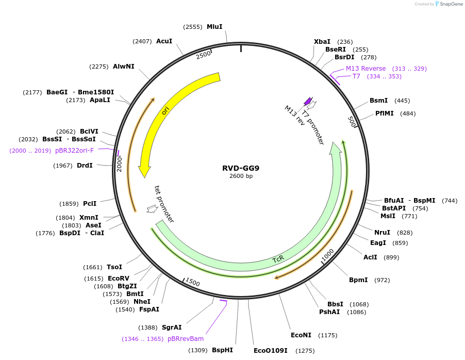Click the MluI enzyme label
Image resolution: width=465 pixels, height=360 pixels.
[214, 26]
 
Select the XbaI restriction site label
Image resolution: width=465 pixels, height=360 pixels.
[322, 42]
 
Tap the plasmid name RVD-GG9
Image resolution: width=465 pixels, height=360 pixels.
[241, 168]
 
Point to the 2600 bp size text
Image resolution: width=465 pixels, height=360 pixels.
[241, 176]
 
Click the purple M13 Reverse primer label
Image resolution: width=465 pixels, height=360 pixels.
[366, 69]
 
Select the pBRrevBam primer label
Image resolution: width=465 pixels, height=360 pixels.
[186, 339]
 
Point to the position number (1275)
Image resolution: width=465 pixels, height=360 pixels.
[305, 351]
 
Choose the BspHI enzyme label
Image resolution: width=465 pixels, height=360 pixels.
[223, 350]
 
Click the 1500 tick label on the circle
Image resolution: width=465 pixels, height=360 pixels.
[192, 283]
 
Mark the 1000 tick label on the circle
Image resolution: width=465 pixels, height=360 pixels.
[328, 255]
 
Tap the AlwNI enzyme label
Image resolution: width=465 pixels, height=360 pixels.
[124, 67]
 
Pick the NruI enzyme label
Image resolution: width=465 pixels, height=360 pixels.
[382, 233]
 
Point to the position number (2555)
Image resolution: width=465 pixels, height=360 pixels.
[193, 26]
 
